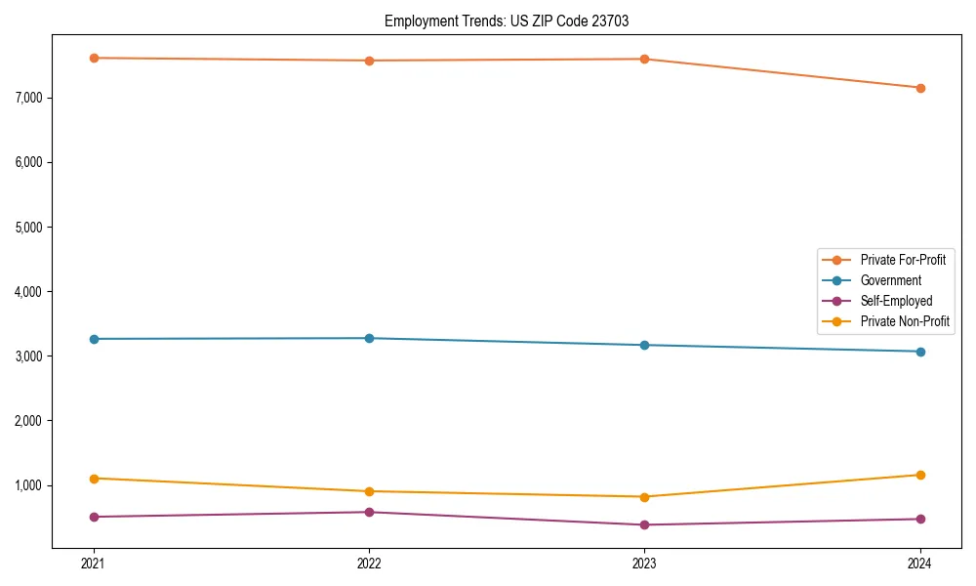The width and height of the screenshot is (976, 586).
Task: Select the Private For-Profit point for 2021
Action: point(94,58)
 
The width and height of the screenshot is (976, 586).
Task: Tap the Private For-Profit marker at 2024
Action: point(920,88)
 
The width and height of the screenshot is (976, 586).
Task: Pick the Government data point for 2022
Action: point(369,338)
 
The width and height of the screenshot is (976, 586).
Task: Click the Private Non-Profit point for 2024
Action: point(920,475)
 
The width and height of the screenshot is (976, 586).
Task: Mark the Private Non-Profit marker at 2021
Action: point(94,479)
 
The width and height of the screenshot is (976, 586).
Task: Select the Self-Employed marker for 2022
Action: point(369,512)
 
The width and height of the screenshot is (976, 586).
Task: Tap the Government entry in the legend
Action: point(890,280)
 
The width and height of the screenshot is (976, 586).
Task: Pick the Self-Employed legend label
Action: point(896,301)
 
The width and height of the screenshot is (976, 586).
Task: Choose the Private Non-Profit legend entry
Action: point(904,321)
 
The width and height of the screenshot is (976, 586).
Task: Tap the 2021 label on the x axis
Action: point(94,564)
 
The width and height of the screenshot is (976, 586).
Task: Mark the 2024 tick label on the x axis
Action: point(920,564)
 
